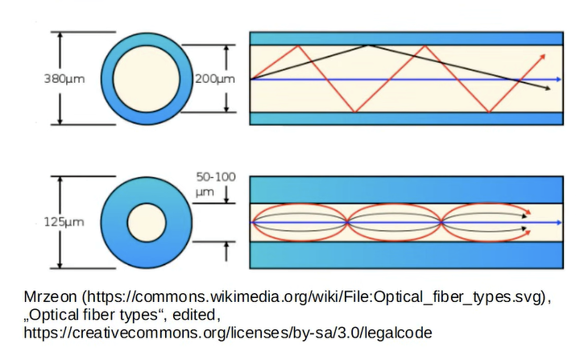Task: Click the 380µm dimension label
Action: (x=64, y=79)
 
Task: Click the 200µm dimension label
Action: (x=215, y=79)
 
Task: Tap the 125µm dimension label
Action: (x=64, y=222)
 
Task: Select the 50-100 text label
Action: (x=216, y=177)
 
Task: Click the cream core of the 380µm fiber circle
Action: (x=147, y=79)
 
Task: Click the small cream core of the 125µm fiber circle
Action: (x=147, y=223)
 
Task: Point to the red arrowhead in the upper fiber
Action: (x=542, y=57)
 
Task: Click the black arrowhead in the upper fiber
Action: (x=548, y=88)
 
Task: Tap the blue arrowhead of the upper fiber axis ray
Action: (x=558, y=80)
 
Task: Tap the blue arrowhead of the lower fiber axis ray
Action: (x=558, y=223)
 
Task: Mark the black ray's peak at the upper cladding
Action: (x=368, y=46)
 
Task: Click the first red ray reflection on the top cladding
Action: (x=298, y=46)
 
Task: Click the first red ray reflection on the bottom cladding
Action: (x=354, y=111)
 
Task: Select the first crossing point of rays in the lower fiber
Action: (x=347, y=222)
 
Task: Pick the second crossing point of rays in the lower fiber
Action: (x=441, y=222)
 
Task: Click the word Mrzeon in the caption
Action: (x=50, y=296)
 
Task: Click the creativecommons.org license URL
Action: (x=228, y=333)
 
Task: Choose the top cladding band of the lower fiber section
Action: (x=407, y=190)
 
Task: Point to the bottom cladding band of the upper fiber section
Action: (x=407, y=118)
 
